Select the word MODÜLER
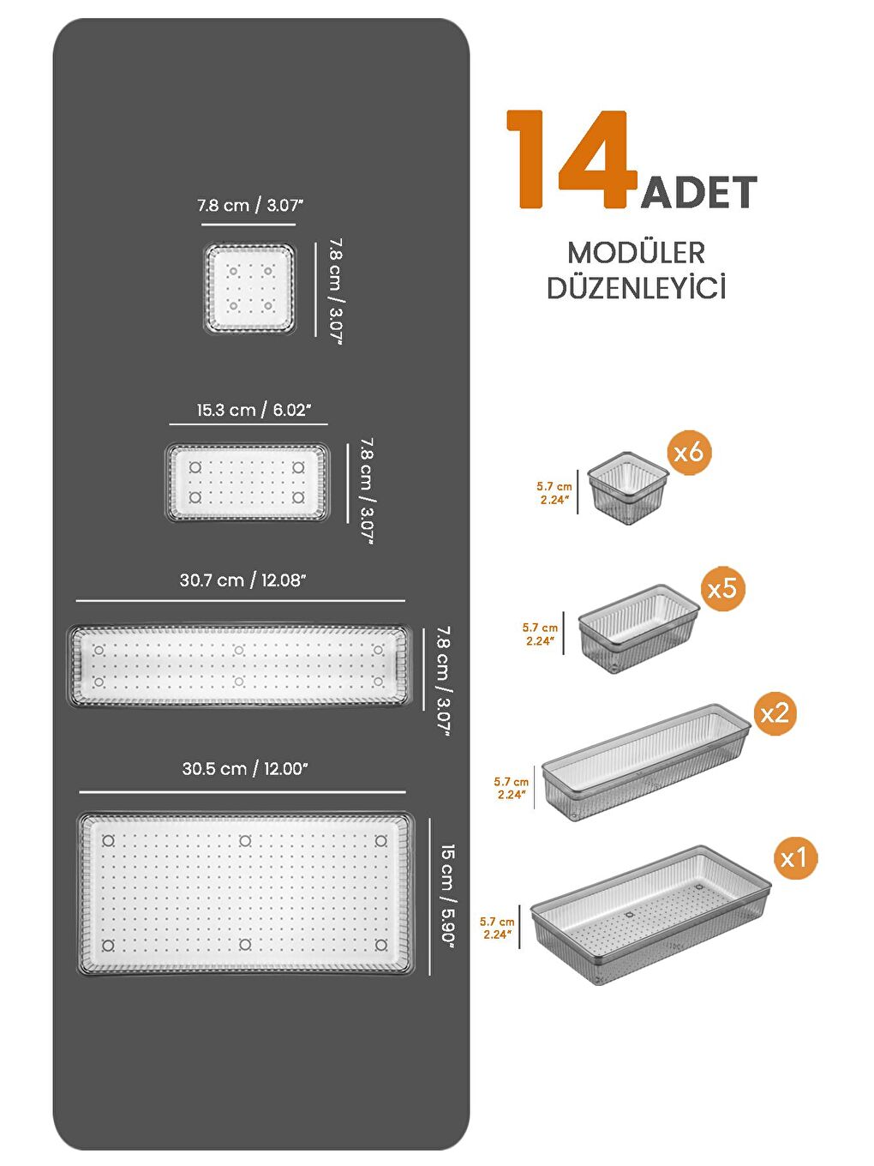coord(636,253)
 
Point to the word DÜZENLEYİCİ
coord(636,288)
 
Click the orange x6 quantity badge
coord(688,452)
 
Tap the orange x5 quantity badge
coord(721,588)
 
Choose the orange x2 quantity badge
coord(774,712)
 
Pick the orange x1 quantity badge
coord(793,857)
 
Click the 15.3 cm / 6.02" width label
coord(253,410)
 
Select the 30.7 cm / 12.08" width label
coord(242,580)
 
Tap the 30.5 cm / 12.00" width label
coord(244,769)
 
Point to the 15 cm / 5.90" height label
coord(447,894)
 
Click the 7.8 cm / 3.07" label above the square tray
coord(250,206)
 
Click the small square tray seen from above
coord(249,288)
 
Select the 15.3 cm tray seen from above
coord(247,483)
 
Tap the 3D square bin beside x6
coord(627,488)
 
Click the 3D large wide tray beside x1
coord(650,914)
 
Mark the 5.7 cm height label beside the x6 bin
coord(554,493)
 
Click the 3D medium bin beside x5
coord(638,628)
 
